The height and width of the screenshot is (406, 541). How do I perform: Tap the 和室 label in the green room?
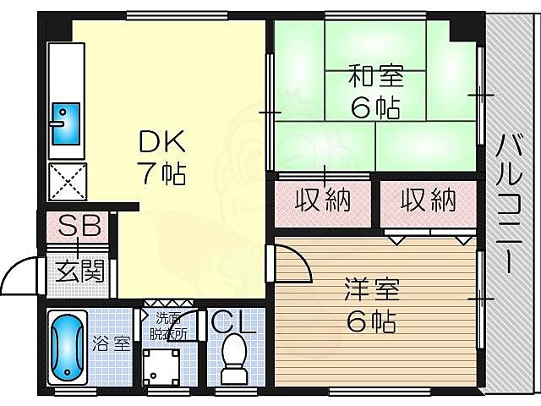[x=376, y=78]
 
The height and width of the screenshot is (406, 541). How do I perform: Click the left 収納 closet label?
[x=322, y=200]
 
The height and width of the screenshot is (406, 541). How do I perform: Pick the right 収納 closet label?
[x=428, y=200]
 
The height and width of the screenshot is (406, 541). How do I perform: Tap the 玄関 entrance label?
[x=80, y=272]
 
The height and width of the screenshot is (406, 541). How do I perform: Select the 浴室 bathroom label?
[x=112, y=344]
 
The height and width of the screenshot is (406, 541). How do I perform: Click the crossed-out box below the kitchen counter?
[x=65, y=181]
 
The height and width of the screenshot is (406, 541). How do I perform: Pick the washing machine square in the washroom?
[x=163, y=368]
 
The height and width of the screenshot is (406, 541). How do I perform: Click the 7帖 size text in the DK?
[x=161, y=173]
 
